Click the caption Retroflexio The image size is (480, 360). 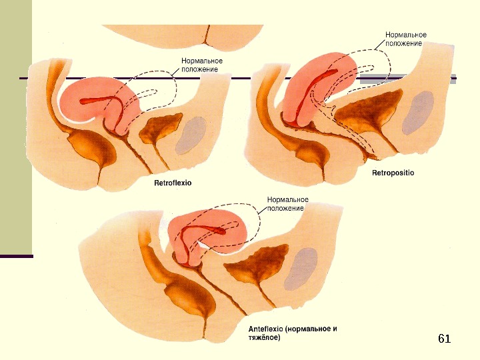pyautogui.click(x=173, y=181)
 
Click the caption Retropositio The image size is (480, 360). pyautogui.click(x=392, y=173)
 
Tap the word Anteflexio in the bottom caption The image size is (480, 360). pyautogui.click(x=265, y=329)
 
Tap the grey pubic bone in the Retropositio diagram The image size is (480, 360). pyautogui.click(x=421, y=111)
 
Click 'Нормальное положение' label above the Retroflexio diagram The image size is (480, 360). pyautogui.click(x=202, y=65)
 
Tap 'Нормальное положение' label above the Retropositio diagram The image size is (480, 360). pyautogui.click(x=406, y=38)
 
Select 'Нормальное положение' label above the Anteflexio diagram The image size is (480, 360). pyautogui.click(x=287, y=203)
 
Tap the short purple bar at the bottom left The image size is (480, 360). pyautogui.click(x=16, y=256)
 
